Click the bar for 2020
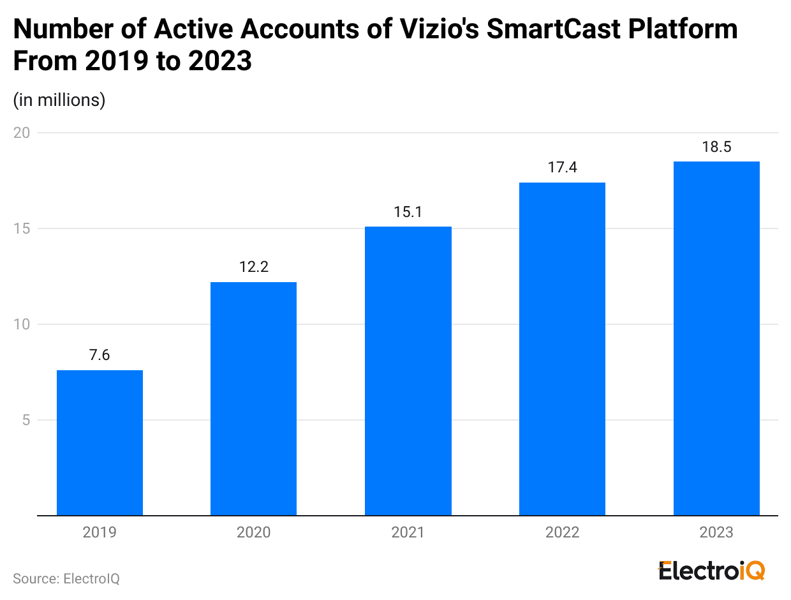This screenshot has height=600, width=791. point(253,398)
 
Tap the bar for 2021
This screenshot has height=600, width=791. point(408,371)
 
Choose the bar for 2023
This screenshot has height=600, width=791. point(716,338)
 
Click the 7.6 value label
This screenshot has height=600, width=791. point(100,355)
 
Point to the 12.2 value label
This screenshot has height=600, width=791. point(253,267)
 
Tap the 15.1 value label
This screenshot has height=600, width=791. point(408,211)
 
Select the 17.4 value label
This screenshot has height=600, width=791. point(562,167)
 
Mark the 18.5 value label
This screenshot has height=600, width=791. point(716,146)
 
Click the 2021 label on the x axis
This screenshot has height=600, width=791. point(408,532)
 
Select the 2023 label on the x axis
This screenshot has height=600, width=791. point(716,532)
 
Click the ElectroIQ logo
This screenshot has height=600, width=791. point(711,571)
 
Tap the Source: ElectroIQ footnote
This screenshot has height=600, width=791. point(66,579)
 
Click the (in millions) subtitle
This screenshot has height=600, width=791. point(59,100)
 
